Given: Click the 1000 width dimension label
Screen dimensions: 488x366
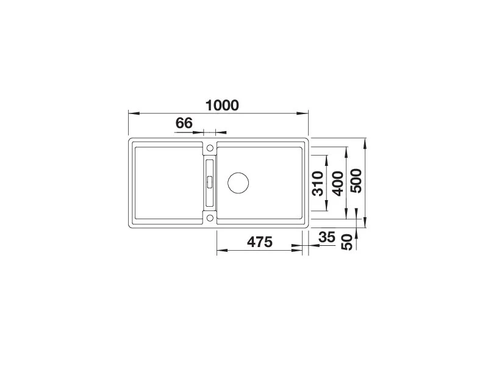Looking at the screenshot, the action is (222, 106).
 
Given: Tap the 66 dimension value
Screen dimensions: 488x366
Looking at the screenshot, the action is (184, 123).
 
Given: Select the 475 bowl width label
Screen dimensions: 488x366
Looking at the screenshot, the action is (260, 242).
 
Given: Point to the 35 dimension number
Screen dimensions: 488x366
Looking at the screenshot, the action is (327, 237).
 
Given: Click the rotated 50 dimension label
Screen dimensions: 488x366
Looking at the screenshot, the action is (347, 242).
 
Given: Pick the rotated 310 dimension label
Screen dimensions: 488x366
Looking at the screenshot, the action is (318, 184).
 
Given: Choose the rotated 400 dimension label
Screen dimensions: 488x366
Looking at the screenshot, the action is (338, 184).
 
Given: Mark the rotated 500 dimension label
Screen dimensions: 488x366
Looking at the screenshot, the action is (356, 181).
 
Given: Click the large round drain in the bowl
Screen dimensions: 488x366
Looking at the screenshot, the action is (238, 182).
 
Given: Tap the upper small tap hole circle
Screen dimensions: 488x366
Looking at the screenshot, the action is (210, 148).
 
